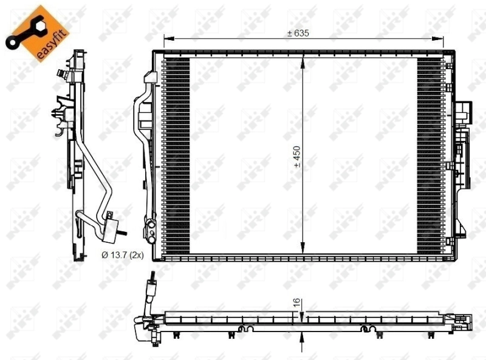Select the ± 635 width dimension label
[298, 33]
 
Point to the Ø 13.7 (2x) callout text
[122, 256]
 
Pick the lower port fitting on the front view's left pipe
[149, 228]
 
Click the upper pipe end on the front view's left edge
[150, 78]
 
